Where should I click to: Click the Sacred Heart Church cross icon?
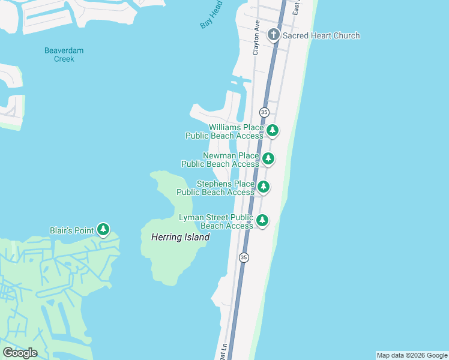(274, 35)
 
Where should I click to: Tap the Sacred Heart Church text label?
(321, 35)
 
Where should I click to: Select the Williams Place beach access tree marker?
(273, 130)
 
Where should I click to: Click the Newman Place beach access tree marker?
(268, 159)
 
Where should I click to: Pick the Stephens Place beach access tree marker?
(263, 187)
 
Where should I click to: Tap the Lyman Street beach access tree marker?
(262, 220)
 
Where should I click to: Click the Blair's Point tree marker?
(104, 229)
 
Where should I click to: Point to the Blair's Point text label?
(71, 230)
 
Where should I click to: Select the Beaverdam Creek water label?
(64, 55)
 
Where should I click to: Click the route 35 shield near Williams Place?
(264, 112)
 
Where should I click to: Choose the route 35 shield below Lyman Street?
(243, 257)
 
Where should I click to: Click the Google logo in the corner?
(20, 353)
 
